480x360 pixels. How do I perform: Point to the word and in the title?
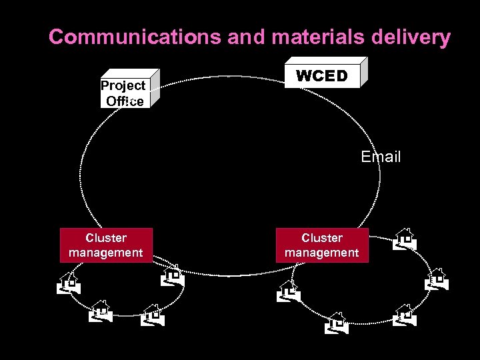tap(245, 37)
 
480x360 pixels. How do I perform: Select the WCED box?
tap(323, 75)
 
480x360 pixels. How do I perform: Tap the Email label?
tap(381, 157)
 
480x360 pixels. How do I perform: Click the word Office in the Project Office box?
tap(125, 101)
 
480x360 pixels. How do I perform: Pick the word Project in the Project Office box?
tap(123, 86)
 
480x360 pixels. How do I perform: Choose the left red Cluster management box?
tap(106, 245)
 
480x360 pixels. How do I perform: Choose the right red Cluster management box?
tap(322, 245)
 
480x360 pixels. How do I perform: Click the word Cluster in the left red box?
tap(106, 238)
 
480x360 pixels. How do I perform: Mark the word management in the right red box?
tap(322, 253)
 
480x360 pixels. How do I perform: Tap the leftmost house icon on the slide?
tap(69, 283)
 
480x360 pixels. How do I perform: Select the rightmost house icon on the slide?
tap(437, 279)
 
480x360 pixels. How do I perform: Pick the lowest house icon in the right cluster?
tap(337, 323)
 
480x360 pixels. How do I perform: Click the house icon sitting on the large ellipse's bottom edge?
tap(173, 275)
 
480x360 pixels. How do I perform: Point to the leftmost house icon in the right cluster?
tap(289, 291)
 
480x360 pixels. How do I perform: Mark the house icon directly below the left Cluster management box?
tap(101, 311)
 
